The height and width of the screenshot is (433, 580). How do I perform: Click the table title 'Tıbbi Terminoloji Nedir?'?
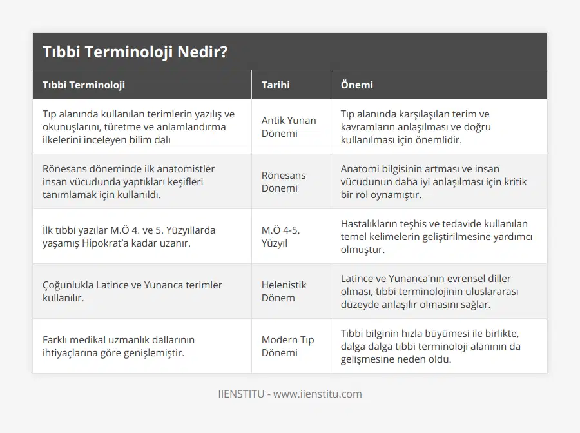(135, 52)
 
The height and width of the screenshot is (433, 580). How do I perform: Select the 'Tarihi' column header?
(275, 85)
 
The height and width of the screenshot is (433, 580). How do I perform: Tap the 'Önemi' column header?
(356, 85)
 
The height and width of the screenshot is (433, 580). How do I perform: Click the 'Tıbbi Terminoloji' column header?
(84, 85)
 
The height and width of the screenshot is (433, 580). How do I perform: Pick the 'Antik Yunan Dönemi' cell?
(289, 126)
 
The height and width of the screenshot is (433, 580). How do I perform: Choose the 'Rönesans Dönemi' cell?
(284, 181)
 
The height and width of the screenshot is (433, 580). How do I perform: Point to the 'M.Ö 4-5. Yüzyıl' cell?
(281, 236)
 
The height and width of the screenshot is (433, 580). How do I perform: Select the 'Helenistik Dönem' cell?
(284, 291)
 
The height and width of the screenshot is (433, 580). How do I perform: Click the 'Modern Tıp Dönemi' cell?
(287, 346)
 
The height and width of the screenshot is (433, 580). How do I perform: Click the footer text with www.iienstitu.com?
(289, 394)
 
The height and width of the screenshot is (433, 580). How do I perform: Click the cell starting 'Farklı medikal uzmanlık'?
(119, 346)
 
